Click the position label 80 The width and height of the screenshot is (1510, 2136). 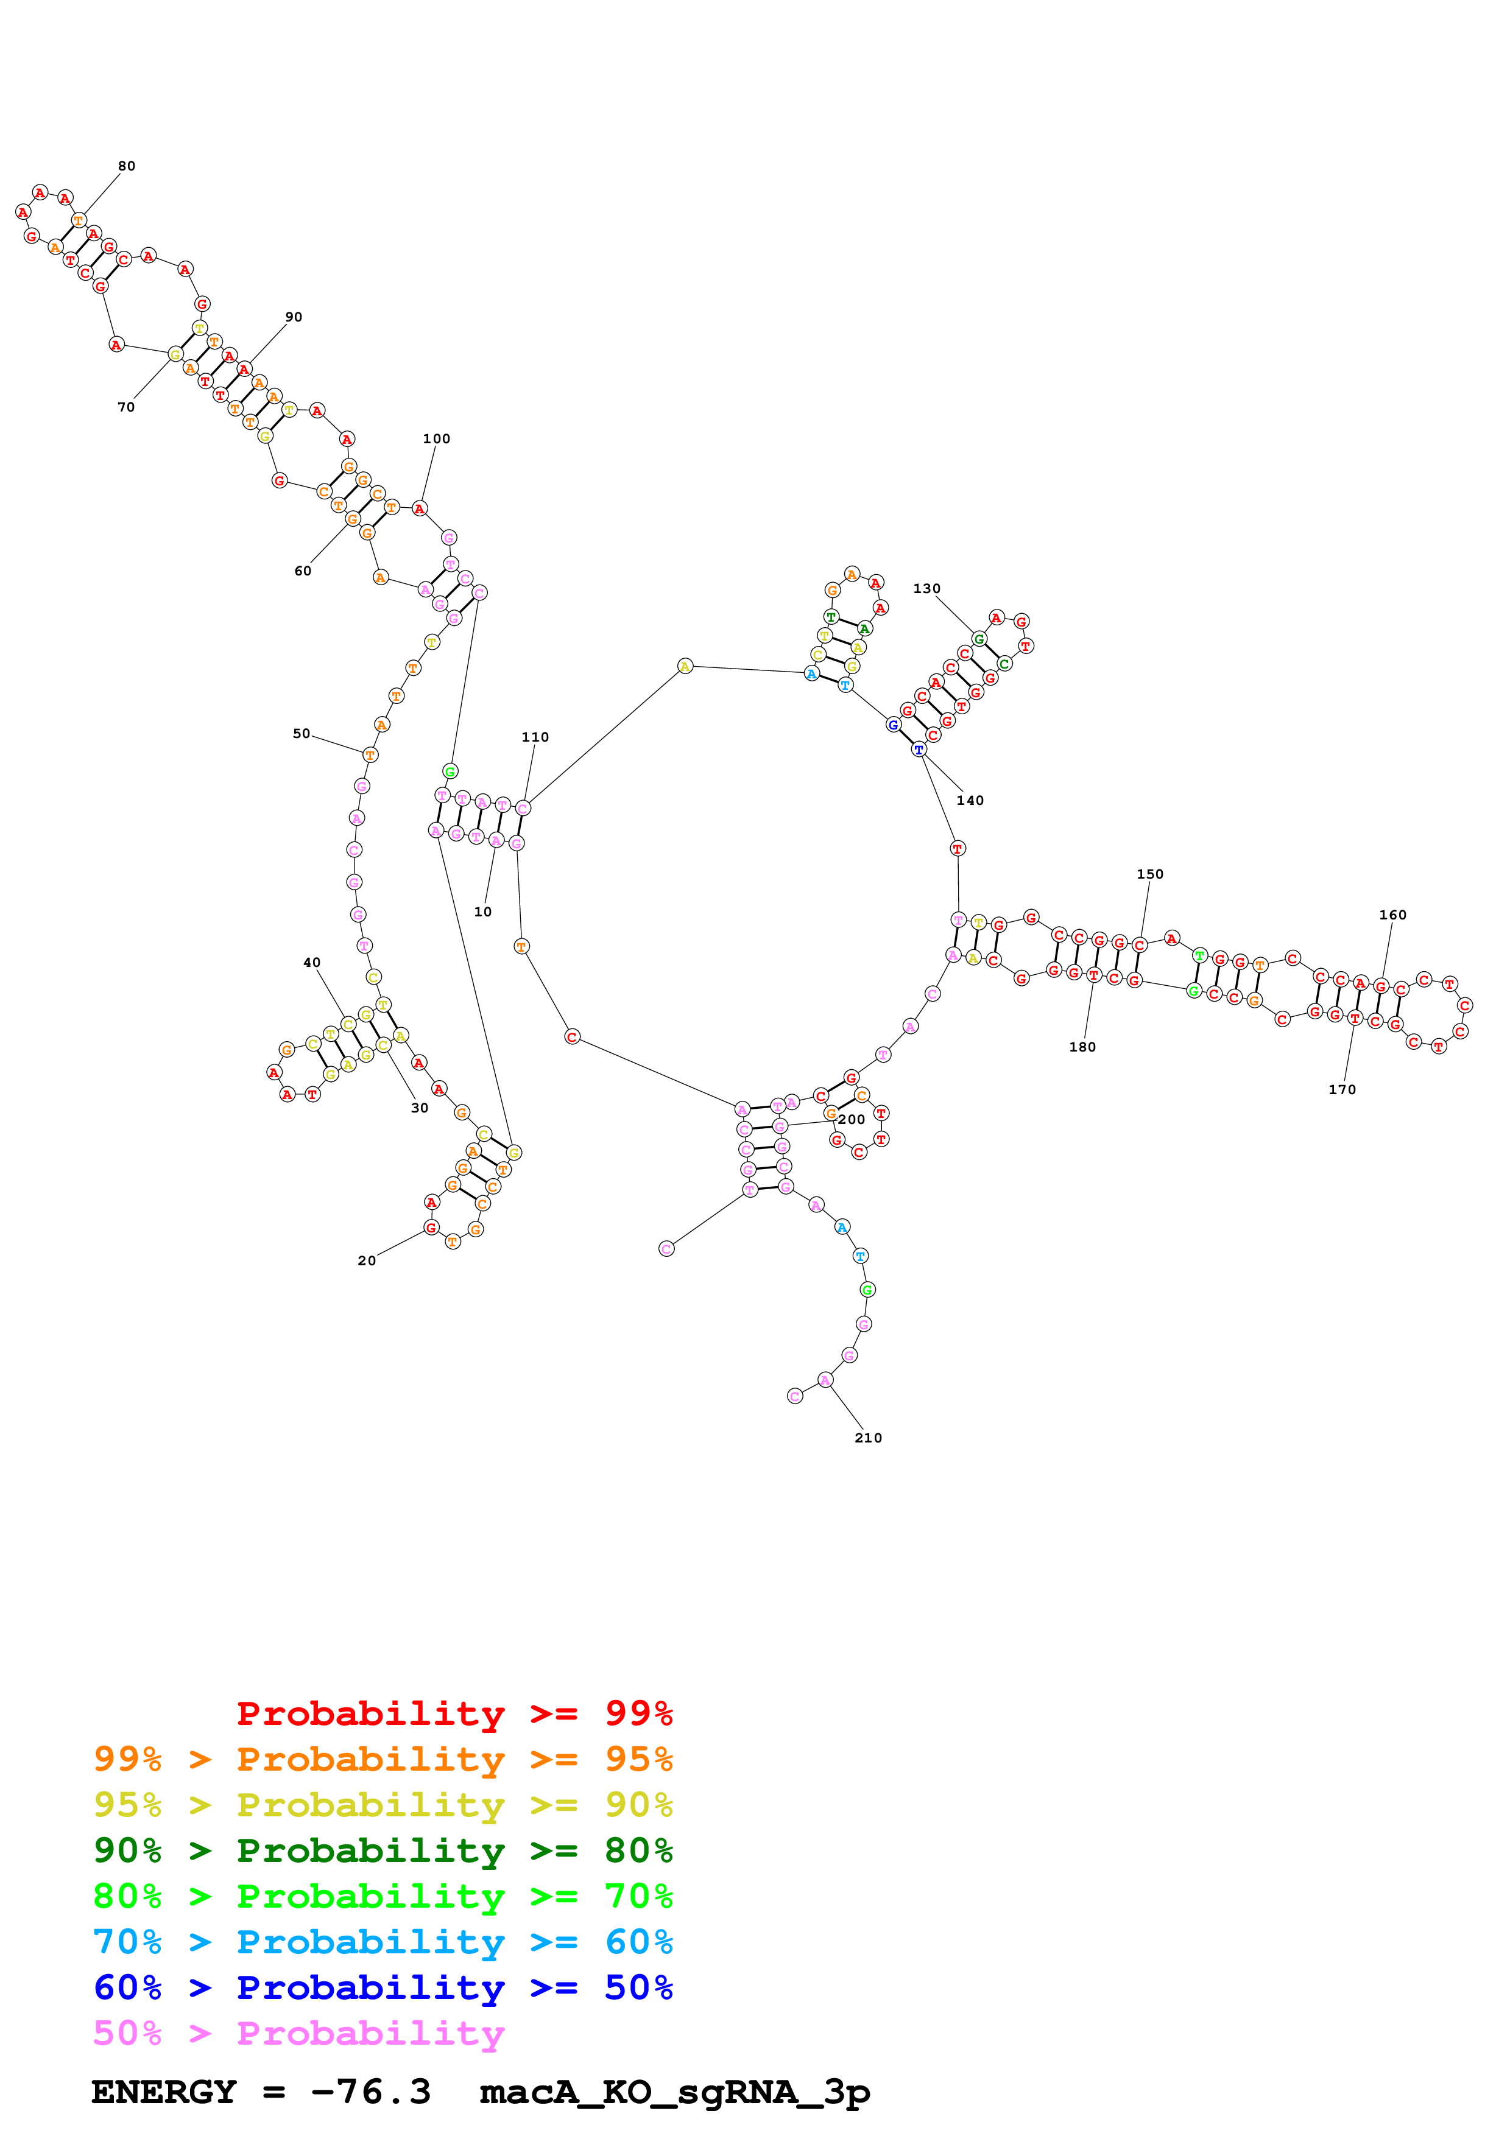127,166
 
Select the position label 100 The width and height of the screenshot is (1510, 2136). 436,439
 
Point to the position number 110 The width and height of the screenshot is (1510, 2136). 535,737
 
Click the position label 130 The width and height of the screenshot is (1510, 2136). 926,589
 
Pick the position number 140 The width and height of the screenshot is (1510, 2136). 970,800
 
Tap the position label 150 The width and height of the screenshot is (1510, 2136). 1150,874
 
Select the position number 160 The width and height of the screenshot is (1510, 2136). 1393,915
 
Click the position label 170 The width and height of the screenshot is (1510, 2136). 1342,1089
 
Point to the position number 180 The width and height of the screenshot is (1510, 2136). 1082,1047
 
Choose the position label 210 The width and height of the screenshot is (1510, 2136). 868,1438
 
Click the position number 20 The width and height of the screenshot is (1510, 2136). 367,1260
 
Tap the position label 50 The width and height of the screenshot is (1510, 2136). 302,733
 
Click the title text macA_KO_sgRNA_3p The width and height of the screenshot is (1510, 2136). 674,2092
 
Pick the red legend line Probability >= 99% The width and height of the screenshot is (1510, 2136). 454,1713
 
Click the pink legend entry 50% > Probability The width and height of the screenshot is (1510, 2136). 298,2034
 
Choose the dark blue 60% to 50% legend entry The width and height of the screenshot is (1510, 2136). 383,1987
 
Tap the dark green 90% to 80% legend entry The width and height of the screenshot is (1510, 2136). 383,1850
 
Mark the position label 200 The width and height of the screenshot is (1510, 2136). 852,1119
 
